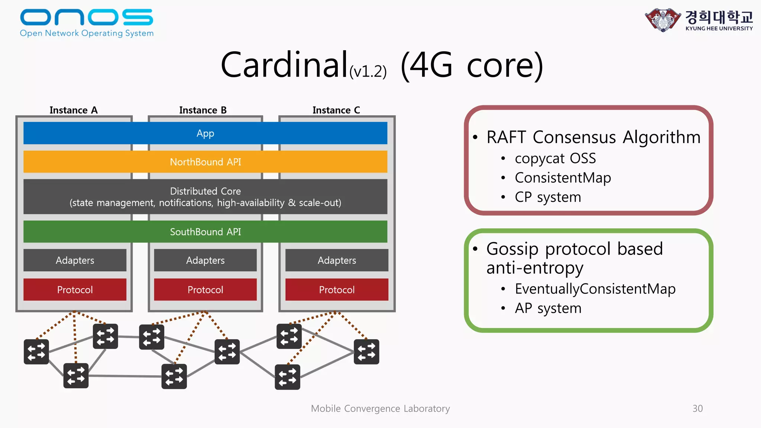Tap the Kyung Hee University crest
[663, 20]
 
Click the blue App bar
[205, 133]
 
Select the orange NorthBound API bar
[205, 162]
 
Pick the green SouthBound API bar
[205, 231]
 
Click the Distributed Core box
[205, 197]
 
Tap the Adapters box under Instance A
[75, 260]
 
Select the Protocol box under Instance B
[205, 289]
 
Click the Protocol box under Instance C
[337, 289]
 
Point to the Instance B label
[203, 110]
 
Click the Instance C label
[336, 110]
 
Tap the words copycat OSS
[555, 158]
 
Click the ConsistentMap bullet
[563, 178]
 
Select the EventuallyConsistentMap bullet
[595, 289]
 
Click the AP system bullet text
[548, 308]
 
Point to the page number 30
[697, 408]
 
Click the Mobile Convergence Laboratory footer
[380, 408]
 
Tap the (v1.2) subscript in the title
[368, 71]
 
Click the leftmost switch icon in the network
[36, 351]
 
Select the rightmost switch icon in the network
[366, 351]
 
